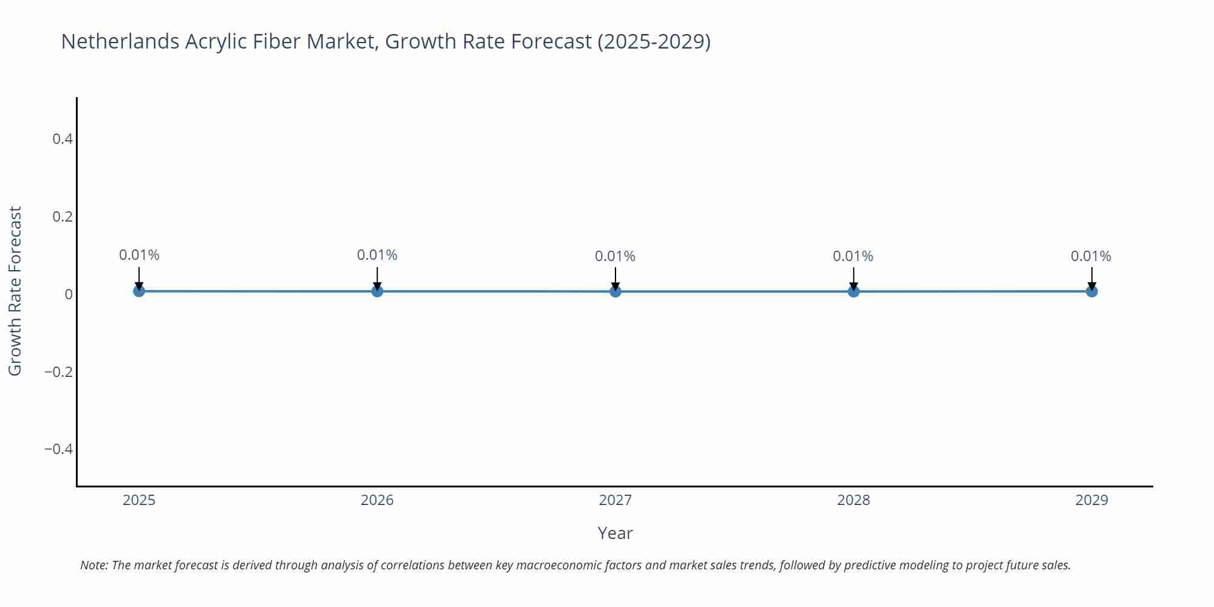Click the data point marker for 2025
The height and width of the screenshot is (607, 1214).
[139, 291]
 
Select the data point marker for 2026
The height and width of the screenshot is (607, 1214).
[377, 291]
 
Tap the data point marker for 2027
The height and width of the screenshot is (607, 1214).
[615, 291]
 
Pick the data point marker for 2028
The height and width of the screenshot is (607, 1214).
[853, 291]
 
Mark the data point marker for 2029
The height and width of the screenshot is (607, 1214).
[1091, 291]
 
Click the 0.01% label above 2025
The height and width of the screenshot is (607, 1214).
[139, 255]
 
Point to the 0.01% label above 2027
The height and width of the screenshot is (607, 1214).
[615, 256]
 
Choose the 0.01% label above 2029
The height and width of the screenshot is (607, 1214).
[1091, 256]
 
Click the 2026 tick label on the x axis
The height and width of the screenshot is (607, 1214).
[377, 500]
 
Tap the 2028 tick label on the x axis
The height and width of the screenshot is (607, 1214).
[853, 500]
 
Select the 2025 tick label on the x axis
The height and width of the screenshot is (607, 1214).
[139, 500]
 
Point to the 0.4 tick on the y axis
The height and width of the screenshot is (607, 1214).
[63, 139]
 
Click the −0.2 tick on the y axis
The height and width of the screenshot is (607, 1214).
[58, 371]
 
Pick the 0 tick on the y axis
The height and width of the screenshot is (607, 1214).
[69, 294]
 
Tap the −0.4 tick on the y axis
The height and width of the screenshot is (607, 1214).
[58, 449]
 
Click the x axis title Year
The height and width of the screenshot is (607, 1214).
[615, 533]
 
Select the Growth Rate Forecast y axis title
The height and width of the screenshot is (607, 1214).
[15, 291]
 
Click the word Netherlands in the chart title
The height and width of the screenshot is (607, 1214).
[120, 41]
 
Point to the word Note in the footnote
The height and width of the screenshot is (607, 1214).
[93, 565]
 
